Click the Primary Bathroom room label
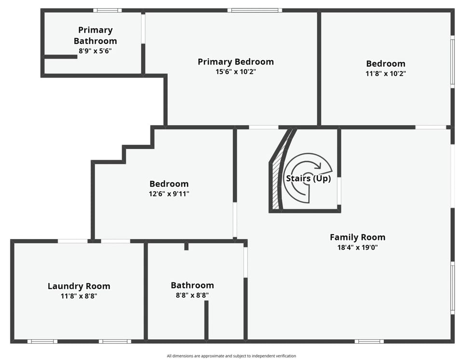click(x=95, y=35)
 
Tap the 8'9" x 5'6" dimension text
click(x=95, y=51)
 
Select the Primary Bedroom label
click(x=235, y=62)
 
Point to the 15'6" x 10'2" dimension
click(x=235, y=72)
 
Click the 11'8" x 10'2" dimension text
click(x=385, y=74)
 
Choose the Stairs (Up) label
click(x=308, y=178)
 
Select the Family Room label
click(x=357, y=237)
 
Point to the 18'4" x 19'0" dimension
click(x=357, y=247)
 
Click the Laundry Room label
click(x=79, y=286)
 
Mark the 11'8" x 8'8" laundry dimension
click(x=79, y=296)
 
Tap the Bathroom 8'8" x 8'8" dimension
click(x=192, y=295)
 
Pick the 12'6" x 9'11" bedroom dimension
click(x=169, y=194)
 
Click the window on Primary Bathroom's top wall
click(x=107, y=10)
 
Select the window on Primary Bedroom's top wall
click(x=254, y=10)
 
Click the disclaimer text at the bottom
click(x=231, y=356)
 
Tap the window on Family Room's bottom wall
click(x=369, y=341)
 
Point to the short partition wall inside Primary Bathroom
click(x=60, y=57)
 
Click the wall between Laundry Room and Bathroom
click(x=145, y=291)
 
